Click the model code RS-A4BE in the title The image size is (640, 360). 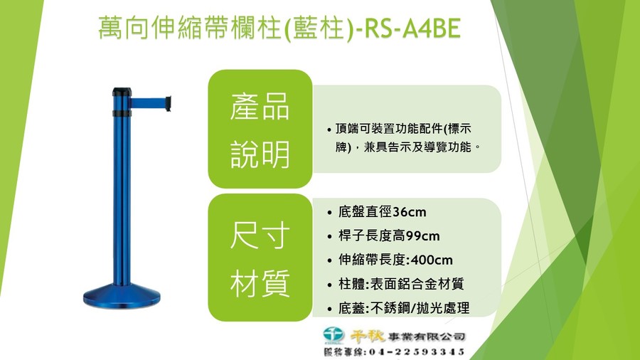[412, 29]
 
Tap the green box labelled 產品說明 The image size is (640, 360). [260, 129]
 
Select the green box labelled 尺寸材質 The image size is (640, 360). [260, 258]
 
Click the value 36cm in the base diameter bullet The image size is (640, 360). [410, 212]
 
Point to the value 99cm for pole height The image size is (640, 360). [423, 236]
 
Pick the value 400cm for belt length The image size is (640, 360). [432, 260]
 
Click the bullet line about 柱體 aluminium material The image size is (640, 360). [401, 284]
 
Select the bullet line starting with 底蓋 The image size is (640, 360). [404, 308]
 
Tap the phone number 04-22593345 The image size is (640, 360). [417, 352]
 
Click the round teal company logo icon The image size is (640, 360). [334, 334]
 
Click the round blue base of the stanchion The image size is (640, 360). [122, 295]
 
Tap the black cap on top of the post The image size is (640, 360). [122, 92]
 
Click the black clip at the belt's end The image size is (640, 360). [168, 104]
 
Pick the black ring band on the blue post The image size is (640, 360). [122, 113]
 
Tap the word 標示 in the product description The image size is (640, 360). [459, 129]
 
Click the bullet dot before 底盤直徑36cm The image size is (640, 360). [329, 213]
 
